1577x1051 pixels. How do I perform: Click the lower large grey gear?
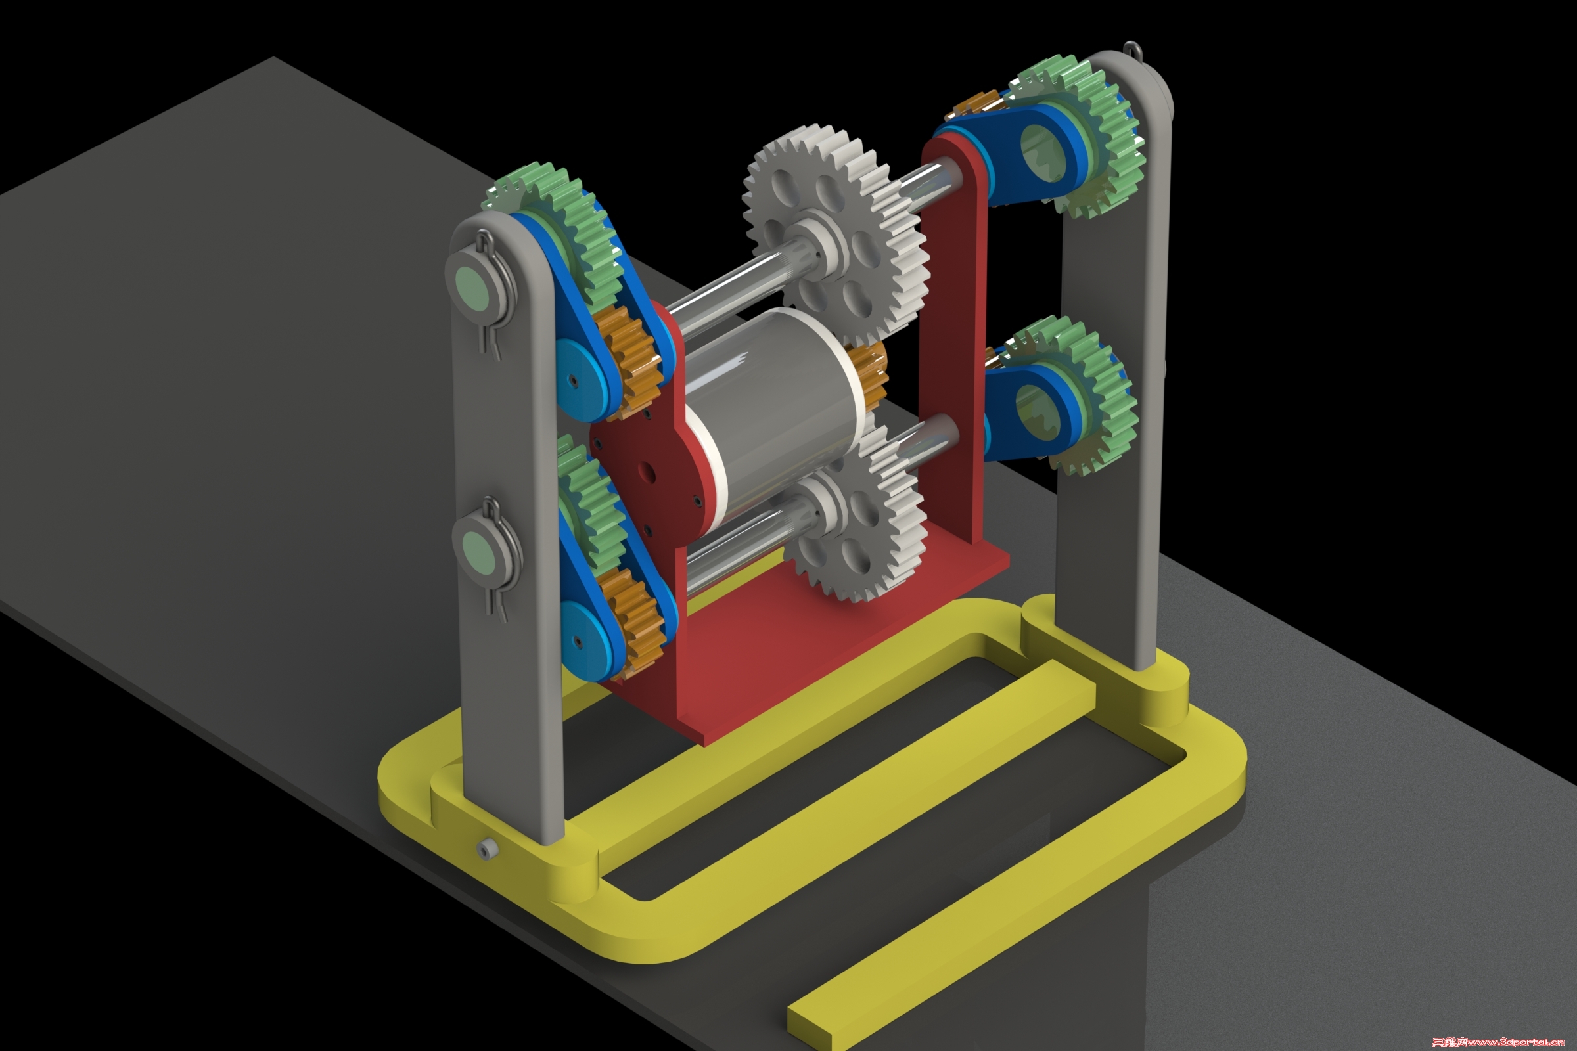pyautogui.click(x=855, y=520)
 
